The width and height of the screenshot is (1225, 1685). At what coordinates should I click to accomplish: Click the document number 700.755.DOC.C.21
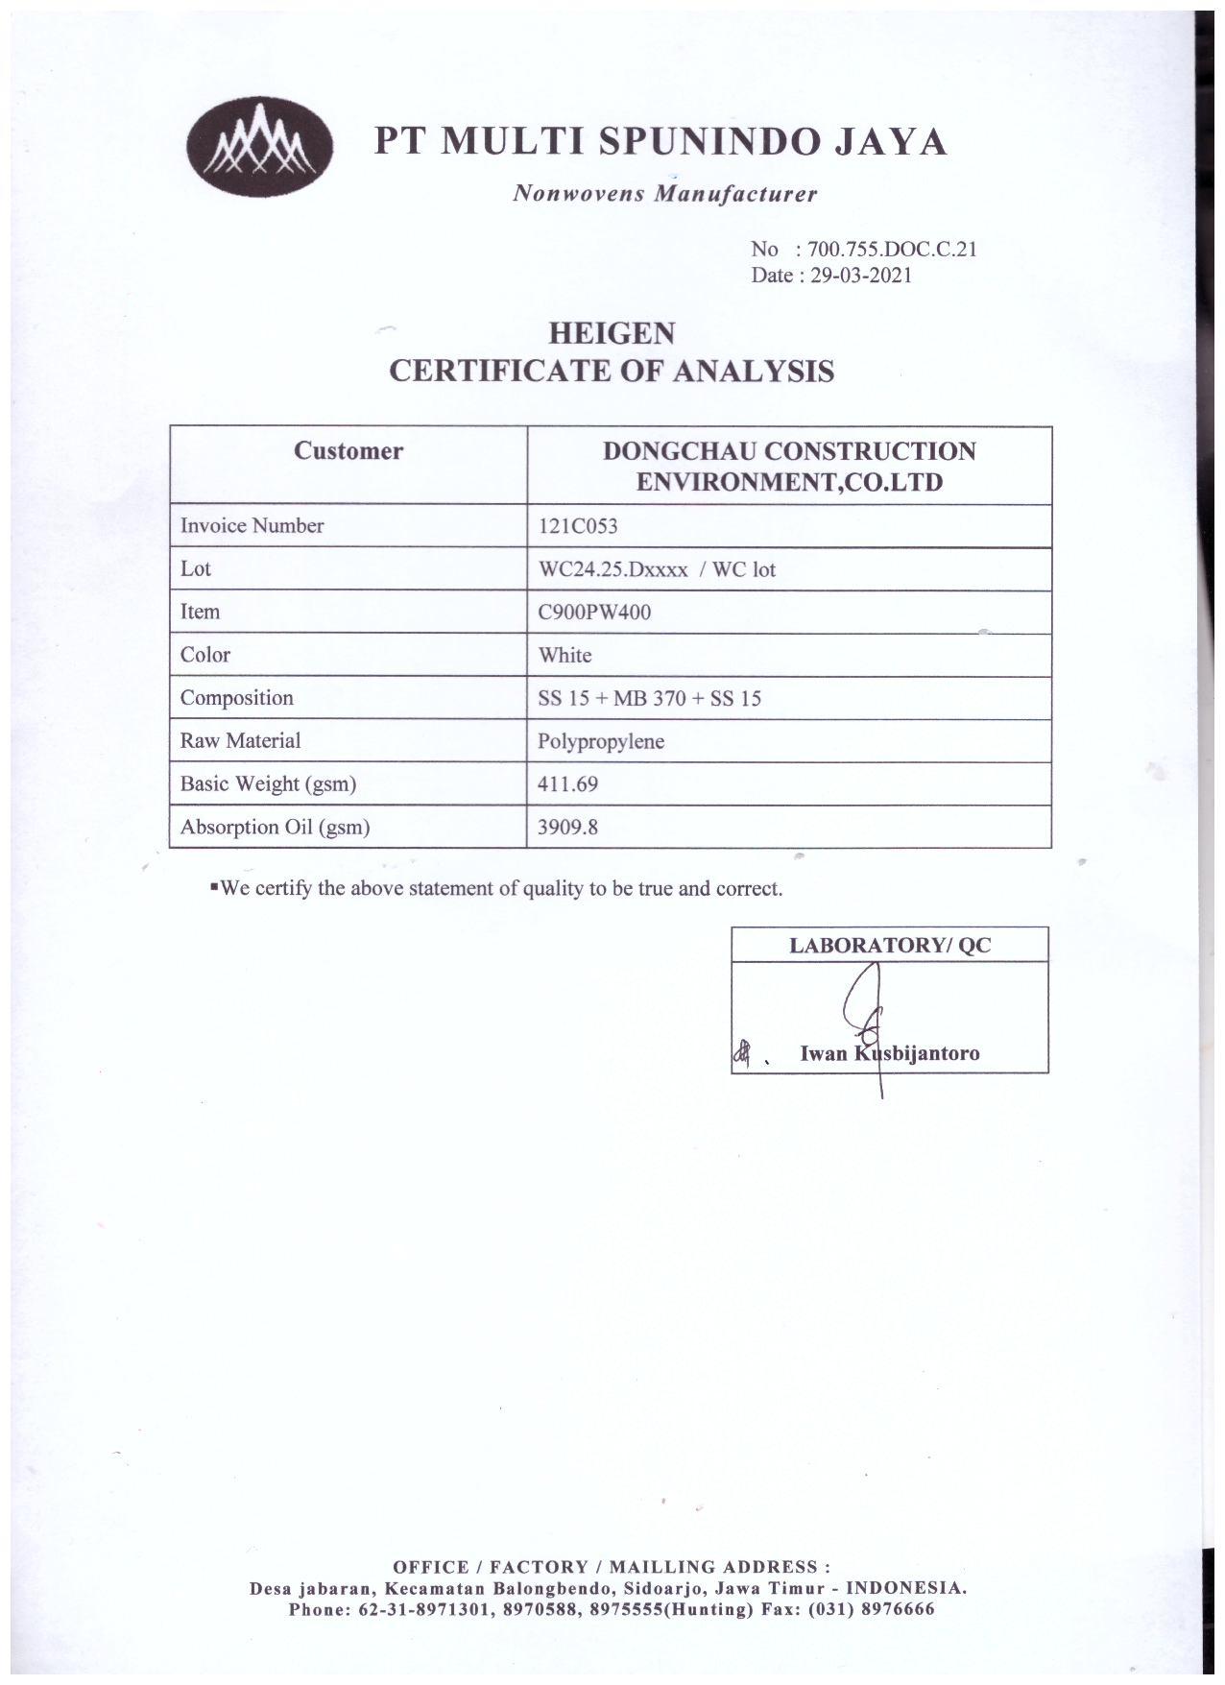892,250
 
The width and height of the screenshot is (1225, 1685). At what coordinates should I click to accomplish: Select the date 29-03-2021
861,276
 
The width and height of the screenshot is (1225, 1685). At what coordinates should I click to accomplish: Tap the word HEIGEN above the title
612,334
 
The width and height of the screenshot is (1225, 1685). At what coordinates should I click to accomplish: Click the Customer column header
348,451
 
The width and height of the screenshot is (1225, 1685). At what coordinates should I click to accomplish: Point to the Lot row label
196,568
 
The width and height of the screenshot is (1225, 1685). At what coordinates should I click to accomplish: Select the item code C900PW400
594,612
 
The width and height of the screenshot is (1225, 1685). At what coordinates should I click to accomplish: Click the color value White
564,655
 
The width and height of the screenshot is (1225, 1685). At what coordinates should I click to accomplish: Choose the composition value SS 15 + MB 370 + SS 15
650,699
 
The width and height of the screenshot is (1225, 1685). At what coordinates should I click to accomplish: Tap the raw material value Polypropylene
601,742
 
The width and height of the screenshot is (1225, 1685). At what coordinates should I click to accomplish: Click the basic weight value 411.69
567,784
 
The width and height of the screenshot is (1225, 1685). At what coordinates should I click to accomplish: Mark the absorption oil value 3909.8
567,827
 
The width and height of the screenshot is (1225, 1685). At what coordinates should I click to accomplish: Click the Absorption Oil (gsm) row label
276,827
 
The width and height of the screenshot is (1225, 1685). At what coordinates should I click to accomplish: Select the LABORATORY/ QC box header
889,945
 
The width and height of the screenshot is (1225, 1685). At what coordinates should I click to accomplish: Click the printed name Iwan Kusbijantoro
889,1053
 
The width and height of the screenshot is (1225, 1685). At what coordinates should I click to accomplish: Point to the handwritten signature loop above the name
864,999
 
